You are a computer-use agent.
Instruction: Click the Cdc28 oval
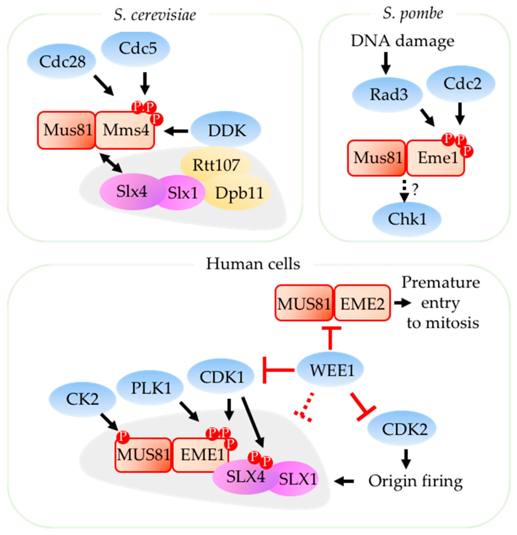click(62, 61)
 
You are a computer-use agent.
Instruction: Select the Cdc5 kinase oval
click(136, 48)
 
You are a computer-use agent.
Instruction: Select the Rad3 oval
click(388, 95)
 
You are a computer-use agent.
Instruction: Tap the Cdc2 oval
click(462, 84)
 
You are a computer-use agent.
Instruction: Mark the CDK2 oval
click(404, 429)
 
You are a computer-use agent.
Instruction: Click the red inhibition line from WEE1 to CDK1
click(279, 370)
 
